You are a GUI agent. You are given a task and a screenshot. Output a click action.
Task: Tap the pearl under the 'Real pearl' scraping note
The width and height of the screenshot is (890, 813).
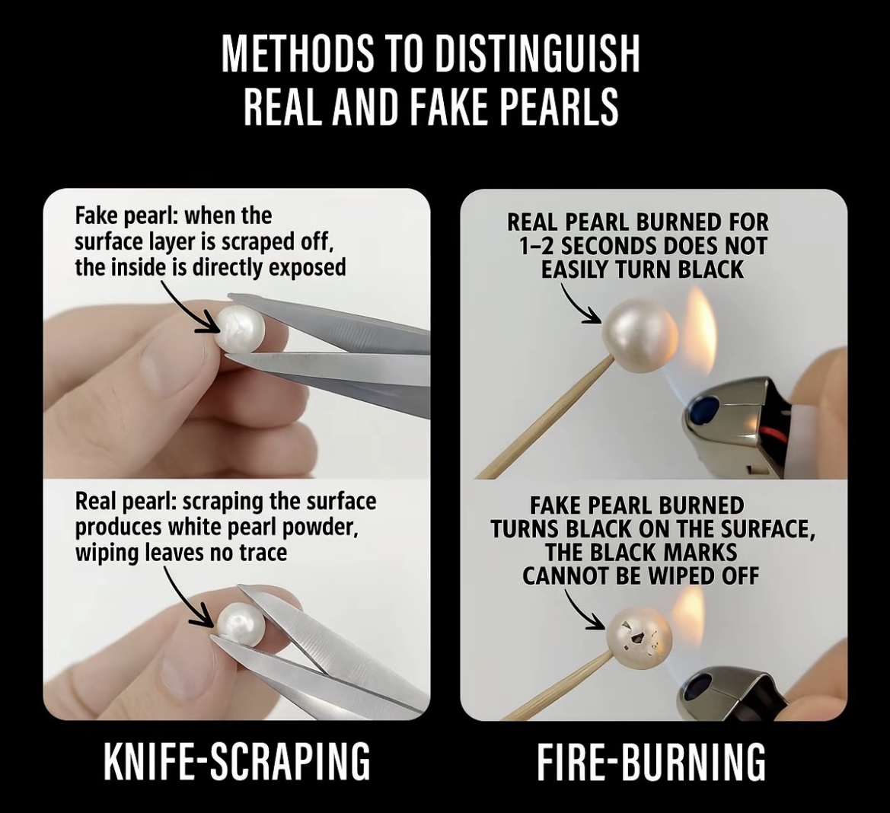239,625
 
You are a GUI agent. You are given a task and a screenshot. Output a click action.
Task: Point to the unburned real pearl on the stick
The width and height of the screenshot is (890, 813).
640,335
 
